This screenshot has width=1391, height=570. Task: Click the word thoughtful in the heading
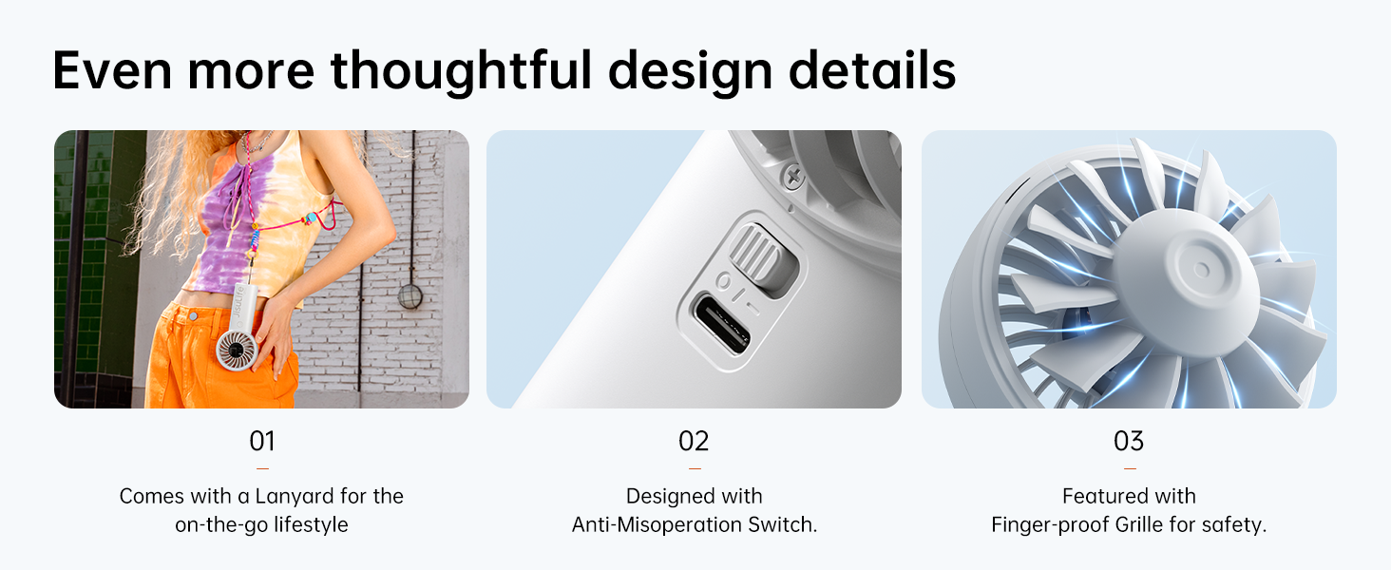tap(462, 72)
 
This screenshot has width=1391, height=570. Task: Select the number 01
tap(262, 441)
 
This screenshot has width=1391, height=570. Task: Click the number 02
tap(694, 441)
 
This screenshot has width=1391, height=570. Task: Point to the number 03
tap(1129, 441)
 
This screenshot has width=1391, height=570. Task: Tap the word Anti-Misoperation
tap(657, 524)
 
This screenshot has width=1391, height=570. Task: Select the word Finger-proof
tap(1050, 525)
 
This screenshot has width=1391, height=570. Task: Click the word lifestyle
tap(311, 525)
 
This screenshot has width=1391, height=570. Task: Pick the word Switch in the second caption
tap(783, 524)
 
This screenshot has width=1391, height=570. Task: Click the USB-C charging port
tap(723, 324)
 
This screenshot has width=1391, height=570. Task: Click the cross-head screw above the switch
tap(793, 178)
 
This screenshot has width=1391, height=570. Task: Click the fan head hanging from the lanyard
tap(237, 350)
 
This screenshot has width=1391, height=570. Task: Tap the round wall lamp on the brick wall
tap(410, 296)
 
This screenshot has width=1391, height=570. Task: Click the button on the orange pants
tap(193, 316)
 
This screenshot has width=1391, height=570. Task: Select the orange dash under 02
tap(695, 468)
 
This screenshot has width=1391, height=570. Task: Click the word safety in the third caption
tap(1234, 525)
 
